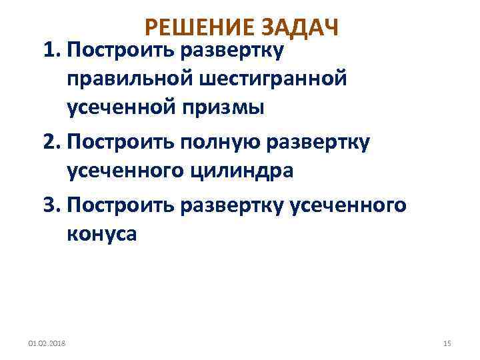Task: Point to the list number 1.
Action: click(51, 50)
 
